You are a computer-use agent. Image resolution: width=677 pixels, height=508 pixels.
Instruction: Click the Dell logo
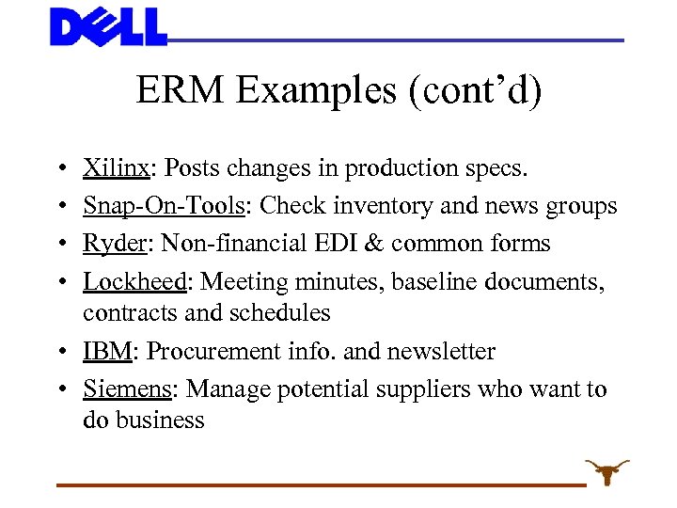pyautogui.click(x=108, y=26)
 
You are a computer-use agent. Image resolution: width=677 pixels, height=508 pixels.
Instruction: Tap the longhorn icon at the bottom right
pyautogui.click(x=606, y=471)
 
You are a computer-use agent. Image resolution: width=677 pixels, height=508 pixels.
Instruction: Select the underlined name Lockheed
pyautogui.click(x=134, y=281)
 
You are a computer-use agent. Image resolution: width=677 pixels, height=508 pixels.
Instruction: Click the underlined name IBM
pyautogui.click(x=107, y=352)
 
